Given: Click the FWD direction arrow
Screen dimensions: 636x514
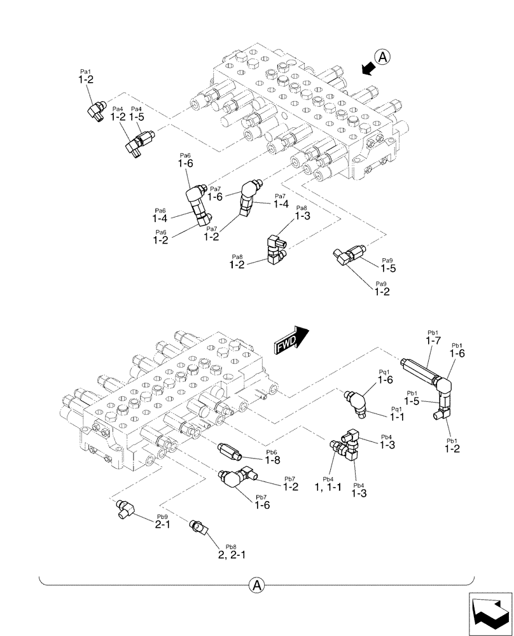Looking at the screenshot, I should (x=292, y=340).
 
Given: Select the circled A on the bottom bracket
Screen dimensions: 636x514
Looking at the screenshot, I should (x=256, y=584).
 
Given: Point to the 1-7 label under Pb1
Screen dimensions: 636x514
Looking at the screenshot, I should (x=433, y=341).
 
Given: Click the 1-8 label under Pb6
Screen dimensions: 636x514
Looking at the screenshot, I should (x=273, y=459).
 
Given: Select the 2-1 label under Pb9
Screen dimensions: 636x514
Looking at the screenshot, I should (x=163, y=526).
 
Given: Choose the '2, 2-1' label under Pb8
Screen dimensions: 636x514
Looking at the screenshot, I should (x=232, y=555).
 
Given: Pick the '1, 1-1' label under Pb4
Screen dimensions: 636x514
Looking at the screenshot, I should (x=328, y=487).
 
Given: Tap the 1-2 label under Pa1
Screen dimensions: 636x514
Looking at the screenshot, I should (x=86, y=80).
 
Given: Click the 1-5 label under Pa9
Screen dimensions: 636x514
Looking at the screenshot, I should (x=389, y=268).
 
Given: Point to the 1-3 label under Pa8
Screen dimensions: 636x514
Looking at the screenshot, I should (x=302, y=216).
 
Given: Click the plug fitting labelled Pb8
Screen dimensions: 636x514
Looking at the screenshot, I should (x=198, y=527).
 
